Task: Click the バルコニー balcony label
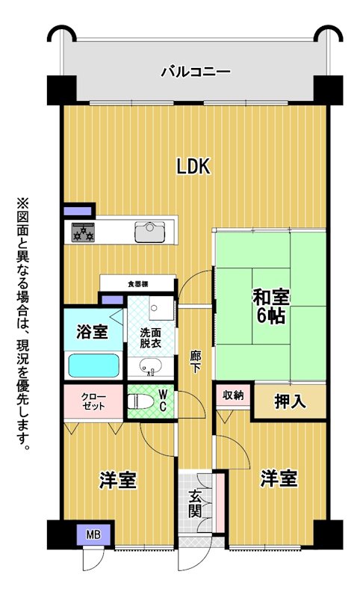(x=196, y=72)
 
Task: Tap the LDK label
(x=193, y=167)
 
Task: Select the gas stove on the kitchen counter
(x=83, y=232)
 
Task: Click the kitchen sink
(x=150, y=232)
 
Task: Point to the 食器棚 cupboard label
(x=138, y=284)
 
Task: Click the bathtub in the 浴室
(x=93, y=366)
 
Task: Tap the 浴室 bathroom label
(x=92, y=331)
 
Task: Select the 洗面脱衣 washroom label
(x=150, y=338)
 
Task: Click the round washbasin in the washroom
(x=149, y=367)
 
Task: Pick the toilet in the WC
(x=140, y=402)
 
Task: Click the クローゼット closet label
(x=93, y=401)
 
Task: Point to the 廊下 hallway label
(x=196, y=362)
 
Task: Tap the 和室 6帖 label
(x=271, y=306)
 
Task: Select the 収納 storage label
(x=233, y=395)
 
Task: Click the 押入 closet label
(x=291, y=401)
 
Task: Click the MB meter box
(x=93, y=535)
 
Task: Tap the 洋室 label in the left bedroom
(x=118, y=480)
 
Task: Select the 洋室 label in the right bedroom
(x=279, y=478)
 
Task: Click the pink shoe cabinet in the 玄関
(x=220, y=502)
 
